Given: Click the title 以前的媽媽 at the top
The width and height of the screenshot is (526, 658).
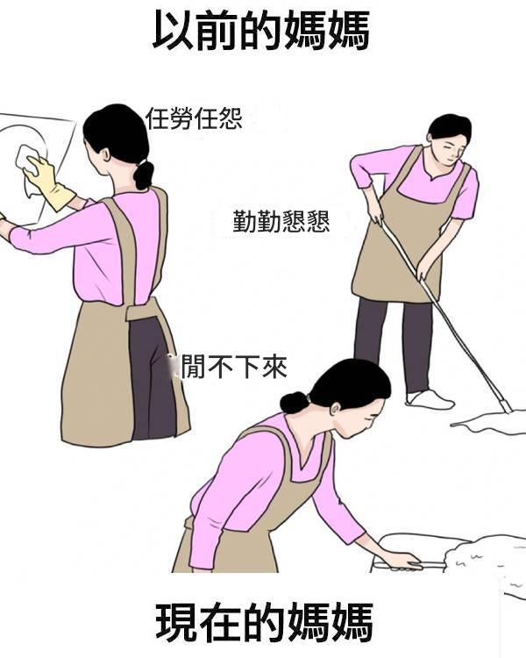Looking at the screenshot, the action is pyautogui.click(x=261, y=30).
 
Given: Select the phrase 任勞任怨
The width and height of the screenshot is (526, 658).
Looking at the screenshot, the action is pyautogui.click(x=194, y=118).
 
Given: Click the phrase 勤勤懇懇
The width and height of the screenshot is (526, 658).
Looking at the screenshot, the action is pyautogui.click(x=281, y=222).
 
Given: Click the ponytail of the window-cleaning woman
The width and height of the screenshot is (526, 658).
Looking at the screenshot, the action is pyautogui.click(x=144, y=175).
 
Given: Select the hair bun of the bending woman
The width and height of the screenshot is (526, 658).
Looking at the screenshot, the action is pyautogui.click(x=294, y=403).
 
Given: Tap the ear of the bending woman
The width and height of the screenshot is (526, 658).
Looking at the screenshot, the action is pyautogui.click(x=336, y=409).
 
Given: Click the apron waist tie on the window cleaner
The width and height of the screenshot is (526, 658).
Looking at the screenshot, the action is pyautogui.click(x=144, y=310).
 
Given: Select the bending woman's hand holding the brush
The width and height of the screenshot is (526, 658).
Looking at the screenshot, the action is pyautogui.click(x=400, y=561).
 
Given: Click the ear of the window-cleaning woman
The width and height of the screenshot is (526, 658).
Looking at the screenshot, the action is pyautogui.click(x=106, y=154).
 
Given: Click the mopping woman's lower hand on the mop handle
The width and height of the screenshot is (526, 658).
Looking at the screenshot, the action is pyautogui.click(x=423, y=271).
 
